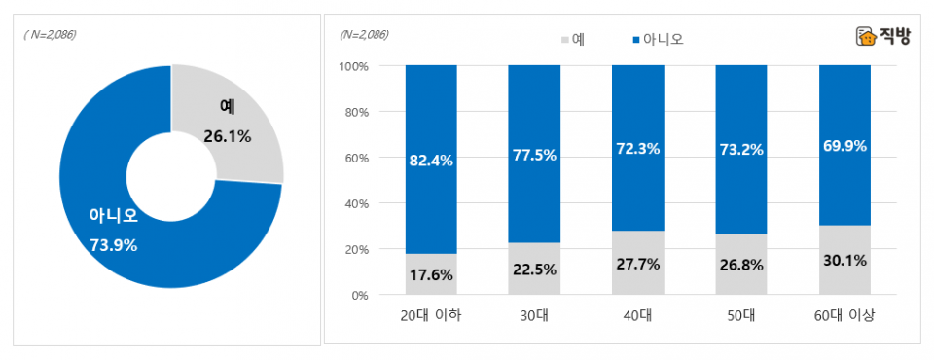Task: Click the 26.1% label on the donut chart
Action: pos(228,137)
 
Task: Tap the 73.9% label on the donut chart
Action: pos(114,245)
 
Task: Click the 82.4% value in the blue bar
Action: pos(430,162)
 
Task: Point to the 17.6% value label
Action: pos(430,275)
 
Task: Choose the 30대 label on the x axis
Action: pos(533,315)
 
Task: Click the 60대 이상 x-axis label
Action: pos(844,315)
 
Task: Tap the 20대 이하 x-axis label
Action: pos(430,315)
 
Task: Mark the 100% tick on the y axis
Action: pos(352,66)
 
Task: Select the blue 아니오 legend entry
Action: pos(659,39)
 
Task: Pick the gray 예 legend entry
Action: pos(572,39)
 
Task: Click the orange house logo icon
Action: pos(864,36)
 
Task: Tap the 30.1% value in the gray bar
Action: pos(844,261)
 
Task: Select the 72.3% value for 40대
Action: pos(637,149)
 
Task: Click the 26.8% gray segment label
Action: pos(740,265)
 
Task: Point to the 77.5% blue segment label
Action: pos(533,155)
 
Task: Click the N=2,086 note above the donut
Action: pos(51,34)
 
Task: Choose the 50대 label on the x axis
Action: pos(740,315)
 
